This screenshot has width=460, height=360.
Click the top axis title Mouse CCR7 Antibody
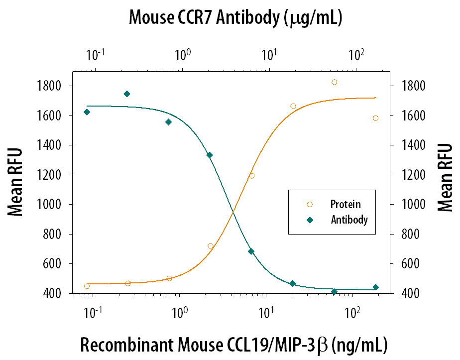click(x=235, y=18)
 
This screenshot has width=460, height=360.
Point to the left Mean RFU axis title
click(x=16, y=182)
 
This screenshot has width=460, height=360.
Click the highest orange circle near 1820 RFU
click(x=335, y=82)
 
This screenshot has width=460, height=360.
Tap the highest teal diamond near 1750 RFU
click(x=127, y=94)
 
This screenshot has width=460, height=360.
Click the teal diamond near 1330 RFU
click(x=210, y=155)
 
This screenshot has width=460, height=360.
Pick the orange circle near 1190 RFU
click(x=252, y=176)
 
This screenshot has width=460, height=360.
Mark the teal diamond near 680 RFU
click(x=251, y=251)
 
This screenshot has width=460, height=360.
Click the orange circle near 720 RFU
click(x=211, y=246)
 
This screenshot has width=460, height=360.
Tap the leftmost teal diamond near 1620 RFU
click(x=87, y=112)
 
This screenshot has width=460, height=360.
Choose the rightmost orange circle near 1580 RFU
click(x=375, y=118)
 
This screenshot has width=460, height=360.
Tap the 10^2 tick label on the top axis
click(x=354, y=54)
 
